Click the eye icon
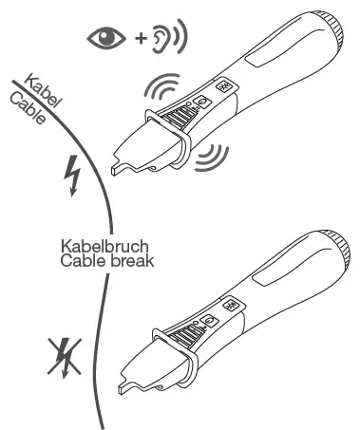[106, 38]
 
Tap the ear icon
[159, 39]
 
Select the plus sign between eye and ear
[141, 39]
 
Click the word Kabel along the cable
[43, 91]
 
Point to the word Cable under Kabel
[28, 107]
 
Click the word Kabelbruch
[104, 246]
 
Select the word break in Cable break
[130, 261]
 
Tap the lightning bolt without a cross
[73, 176]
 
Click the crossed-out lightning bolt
[65, 358]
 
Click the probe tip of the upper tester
[115, 170]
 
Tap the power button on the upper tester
[203, 103]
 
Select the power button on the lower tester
[210, 322]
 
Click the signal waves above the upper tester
[161, 85]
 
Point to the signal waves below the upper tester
[212, 158]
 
